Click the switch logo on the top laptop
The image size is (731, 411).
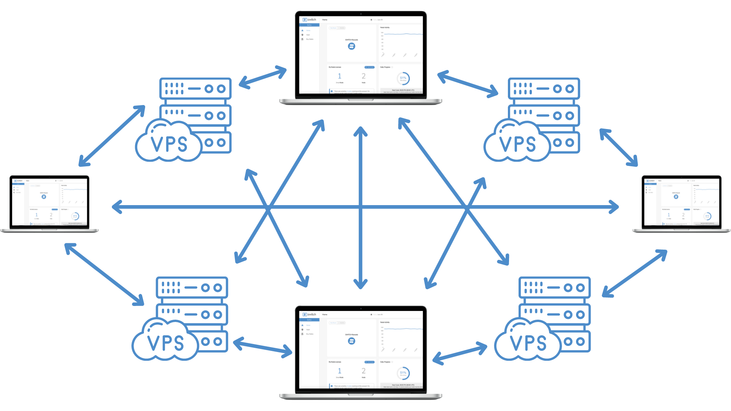pyautogui.click(x=310, y=19)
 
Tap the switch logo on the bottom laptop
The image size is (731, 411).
pyautogui.click(x=310, y=314)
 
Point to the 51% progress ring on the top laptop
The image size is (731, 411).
pyautogui.click(x=403, y=78)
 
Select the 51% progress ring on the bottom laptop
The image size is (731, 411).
pyautogui.click(x=403, y=373)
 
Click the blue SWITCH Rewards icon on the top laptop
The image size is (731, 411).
pyautogui.click(x=351, y=46)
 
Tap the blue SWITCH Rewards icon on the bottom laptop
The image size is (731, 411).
pyautogui.click(x=351, y=341)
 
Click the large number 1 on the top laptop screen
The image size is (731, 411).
pyautogui.click(x=340, y=76)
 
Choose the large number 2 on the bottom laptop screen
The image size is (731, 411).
pyautogui.click(x=364, y=371)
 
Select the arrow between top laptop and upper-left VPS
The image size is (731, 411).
pyautogui.click(x=263, y=77)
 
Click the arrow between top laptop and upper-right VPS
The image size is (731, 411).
pyautogui.click(x=468, y=83)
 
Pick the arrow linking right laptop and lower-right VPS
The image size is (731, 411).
pyautogui.click(x=635, y=273)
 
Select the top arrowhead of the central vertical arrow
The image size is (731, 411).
pyautogui.click(x=360, y=130)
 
